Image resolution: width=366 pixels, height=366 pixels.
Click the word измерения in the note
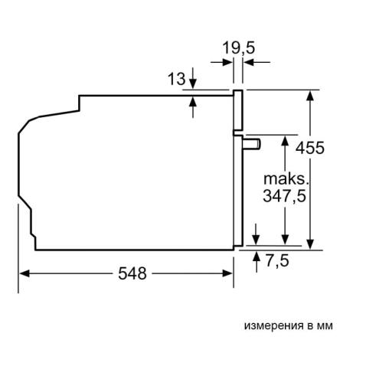pos(268,325)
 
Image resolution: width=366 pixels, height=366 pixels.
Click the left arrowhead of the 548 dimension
pos(23,273)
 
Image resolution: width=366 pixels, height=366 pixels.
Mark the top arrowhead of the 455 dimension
pos(311,95)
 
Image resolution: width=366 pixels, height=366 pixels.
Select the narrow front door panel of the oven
pos(239,168)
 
